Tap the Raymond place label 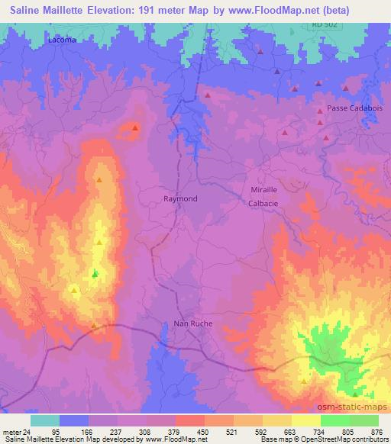tap(180, 198)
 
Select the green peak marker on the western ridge tap(95, 273)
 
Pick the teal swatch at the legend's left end tap(44, 420)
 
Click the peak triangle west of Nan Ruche tap(94, 326)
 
